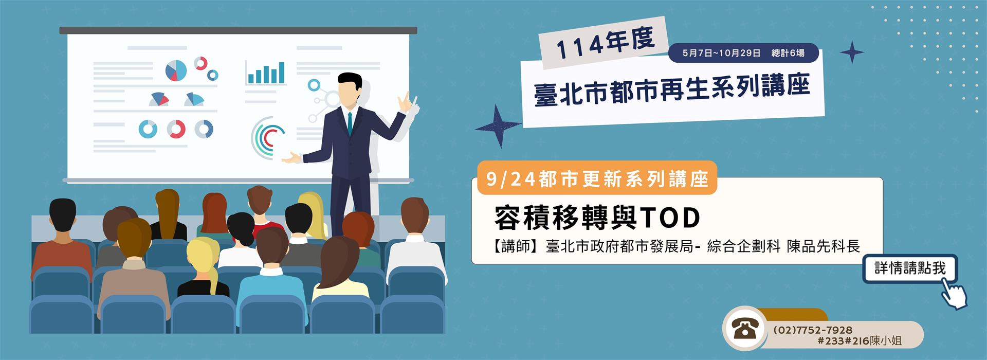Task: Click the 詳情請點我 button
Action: pos(910,268)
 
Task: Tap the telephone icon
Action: pos(741,328)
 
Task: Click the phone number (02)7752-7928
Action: pos(812,330)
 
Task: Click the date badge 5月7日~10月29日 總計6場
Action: pos(743,53)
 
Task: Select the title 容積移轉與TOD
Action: pos(597,217)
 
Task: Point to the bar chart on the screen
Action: pos(265,73)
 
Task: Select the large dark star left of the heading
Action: pos(497,126)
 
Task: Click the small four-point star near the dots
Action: pos(852,52)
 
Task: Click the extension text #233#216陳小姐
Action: pos(860,340)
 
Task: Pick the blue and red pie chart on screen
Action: pos(176,70)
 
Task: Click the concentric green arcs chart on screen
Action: pos(267,137)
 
